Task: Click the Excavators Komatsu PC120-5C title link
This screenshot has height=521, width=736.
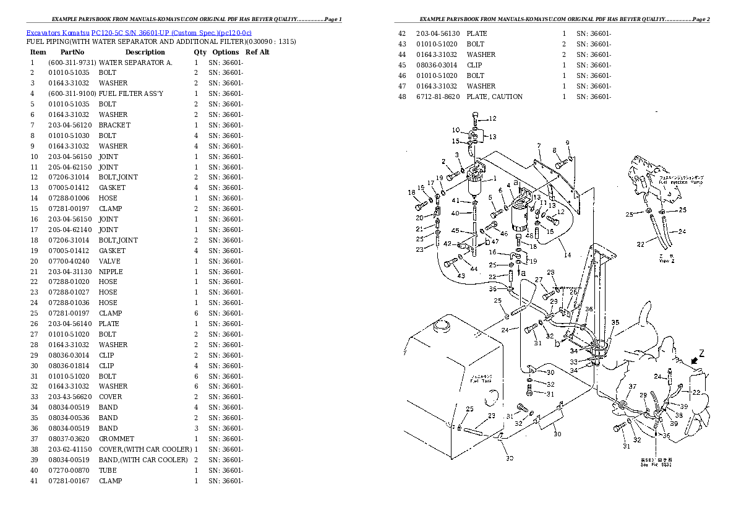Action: click(x=139, y=32)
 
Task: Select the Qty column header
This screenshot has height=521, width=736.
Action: click(x=200, y=53)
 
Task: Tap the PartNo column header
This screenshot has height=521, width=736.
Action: click(x=72, y=53)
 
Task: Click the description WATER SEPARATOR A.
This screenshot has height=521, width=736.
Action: click(x=136, y=62)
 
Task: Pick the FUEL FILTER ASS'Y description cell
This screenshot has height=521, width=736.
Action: click(x=131, y=93)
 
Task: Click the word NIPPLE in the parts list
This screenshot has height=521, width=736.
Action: click(x=111, y=272)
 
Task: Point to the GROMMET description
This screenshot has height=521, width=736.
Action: click(x=116, y=439)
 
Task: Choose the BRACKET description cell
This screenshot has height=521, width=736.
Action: click(x=114, y=125)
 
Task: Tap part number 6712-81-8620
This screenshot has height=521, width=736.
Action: click(x=438, y=97)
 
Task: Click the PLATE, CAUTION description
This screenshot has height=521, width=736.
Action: click(x=494, y=97)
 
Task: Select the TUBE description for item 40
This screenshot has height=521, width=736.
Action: click(x=108, y=470)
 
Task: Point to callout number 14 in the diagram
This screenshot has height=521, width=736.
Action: click(x=567, y=255)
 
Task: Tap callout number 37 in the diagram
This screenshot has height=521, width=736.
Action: click(x=632, y=387)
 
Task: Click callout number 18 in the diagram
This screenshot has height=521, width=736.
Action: click(x=411, y=193)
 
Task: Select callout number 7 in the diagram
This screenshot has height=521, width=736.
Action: click(x=539, y=146)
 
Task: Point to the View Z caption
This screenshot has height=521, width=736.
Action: click(x=665, y=260)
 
